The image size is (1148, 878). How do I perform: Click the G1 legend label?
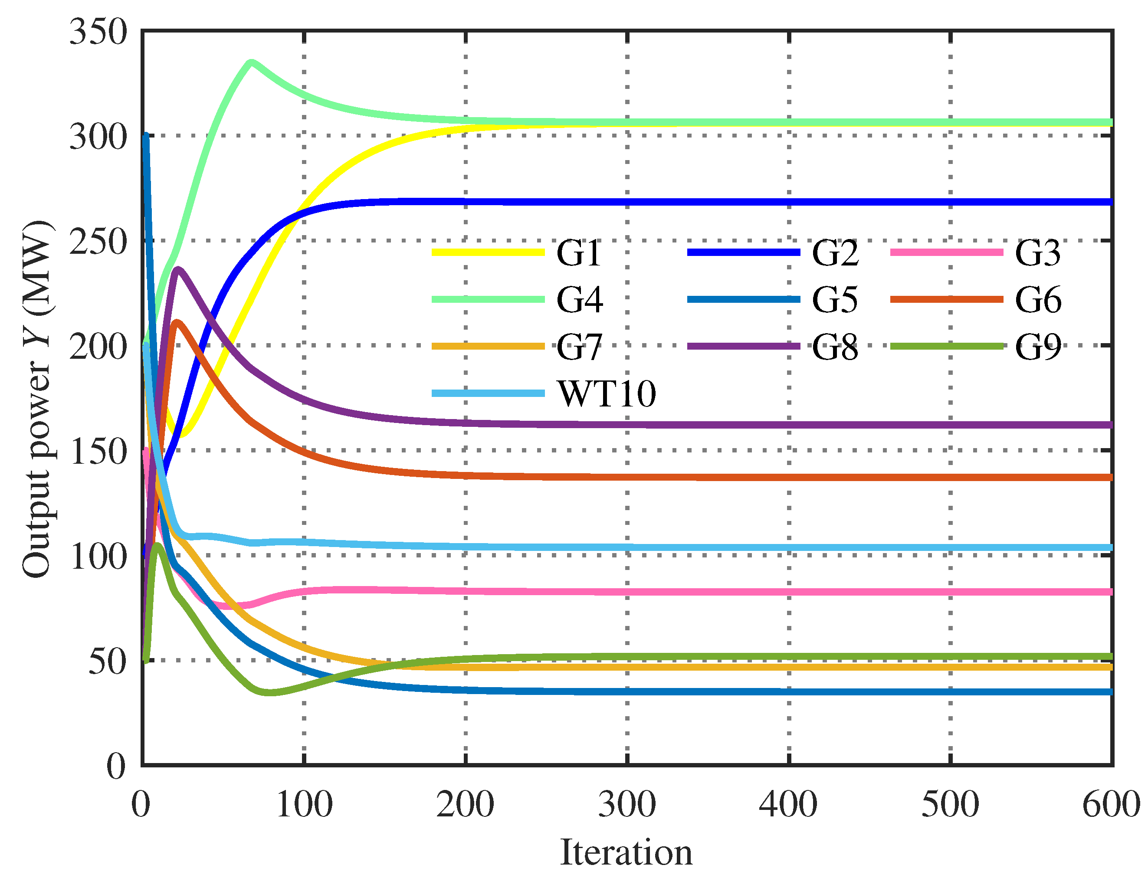[x=578, y=253]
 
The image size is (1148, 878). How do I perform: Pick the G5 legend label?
[x=834, y=301]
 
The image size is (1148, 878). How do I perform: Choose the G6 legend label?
[x=1037, y=301]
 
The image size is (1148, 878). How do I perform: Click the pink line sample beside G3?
[x=946, y=252]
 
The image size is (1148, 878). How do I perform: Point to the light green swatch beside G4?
[x=488, y=299]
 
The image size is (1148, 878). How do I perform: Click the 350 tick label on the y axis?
[x=98, y=32]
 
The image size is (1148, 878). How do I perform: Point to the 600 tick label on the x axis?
[x=1110, y=805]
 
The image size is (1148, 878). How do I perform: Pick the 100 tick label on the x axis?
[x=304, y=805]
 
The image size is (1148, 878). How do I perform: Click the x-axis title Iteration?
[x=626, y=852]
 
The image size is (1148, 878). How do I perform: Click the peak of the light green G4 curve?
[x=252, y=63]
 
